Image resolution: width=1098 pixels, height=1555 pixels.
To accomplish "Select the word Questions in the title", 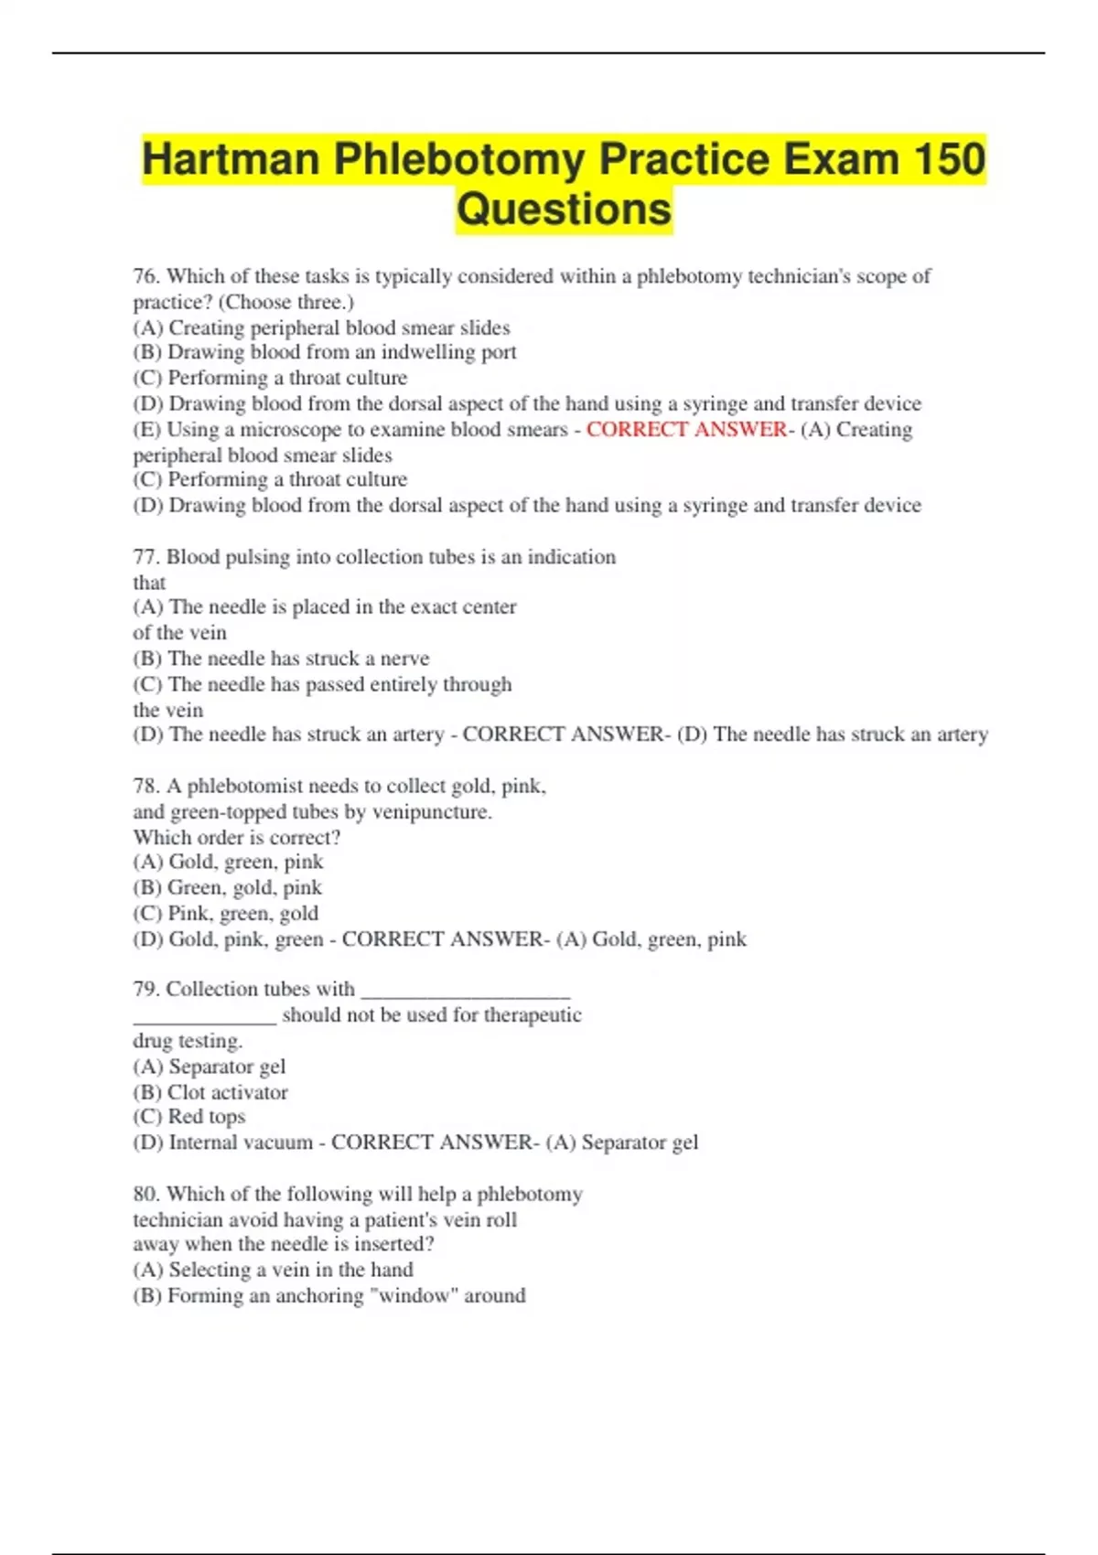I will (564, 209).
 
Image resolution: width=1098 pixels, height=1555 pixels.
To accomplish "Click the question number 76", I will (146, 276).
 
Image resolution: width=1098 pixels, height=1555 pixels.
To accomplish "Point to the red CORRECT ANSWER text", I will (686, 429).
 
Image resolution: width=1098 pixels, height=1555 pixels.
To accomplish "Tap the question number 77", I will (146, 557).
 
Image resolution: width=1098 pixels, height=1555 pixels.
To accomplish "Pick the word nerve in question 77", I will (404, 659).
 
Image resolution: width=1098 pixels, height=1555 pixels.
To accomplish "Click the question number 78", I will (146, 786).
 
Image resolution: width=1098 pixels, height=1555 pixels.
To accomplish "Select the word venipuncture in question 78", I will (431, 811).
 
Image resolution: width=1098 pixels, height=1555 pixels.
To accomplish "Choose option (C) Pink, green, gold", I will (226, 913).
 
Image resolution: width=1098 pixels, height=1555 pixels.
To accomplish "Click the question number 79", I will (146, 989).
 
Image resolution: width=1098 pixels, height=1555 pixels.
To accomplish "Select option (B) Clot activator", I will (210, 1092).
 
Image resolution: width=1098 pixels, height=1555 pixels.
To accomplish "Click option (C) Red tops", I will (189, 1117).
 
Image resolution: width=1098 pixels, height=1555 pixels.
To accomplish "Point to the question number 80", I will (146, 1194).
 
